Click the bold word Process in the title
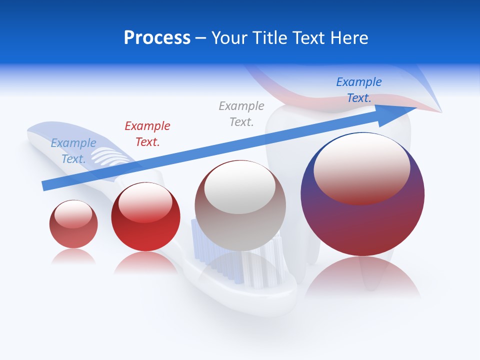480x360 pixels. coord(157,38)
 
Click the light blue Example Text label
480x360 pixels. coord(73,150)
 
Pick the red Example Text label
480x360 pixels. coord(147,133)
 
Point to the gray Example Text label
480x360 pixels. coord(241,113)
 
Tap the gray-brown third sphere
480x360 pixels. coord(240,220)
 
